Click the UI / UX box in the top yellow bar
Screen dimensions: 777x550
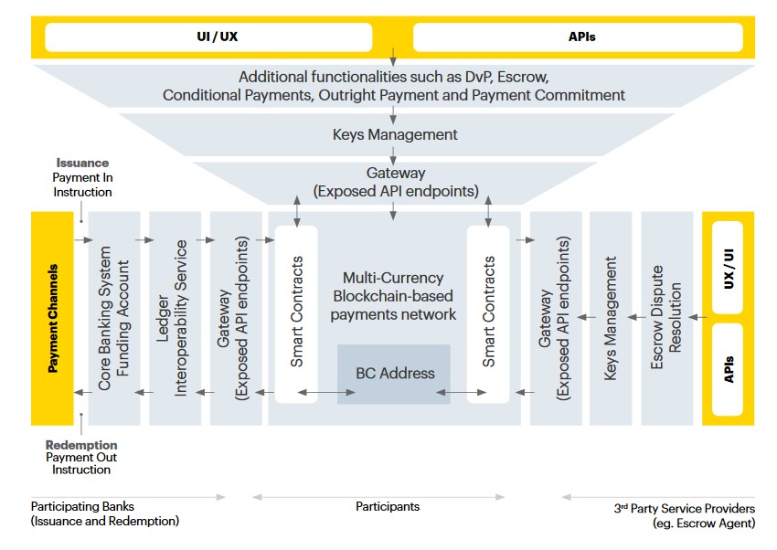[x=208, y=37]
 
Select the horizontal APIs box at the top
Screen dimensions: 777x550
[x=578, y=37]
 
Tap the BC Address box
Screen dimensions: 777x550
[x=394, y=374]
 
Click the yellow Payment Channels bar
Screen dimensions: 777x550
[x=52, y=318]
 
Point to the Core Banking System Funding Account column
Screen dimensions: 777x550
[x=114, y=318]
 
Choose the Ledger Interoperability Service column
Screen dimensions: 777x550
[x=175, y=318]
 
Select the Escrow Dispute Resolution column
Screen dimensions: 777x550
[x=667, y=318]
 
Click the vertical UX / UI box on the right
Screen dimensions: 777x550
[x=728, y=268]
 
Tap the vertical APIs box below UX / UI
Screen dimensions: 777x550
[x=728, y=369]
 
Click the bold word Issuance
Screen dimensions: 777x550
[x=82, y=163]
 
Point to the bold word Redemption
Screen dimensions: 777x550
[x=81, y=445]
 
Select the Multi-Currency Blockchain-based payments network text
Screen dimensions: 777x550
[x=393, y=296]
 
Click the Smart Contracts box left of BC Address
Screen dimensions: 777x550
[x=296, y=314]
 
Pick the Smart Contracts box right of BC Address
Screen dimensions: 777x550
[x=488, y=314]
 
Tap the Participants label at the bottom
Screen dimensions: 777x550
[x=388, y=506]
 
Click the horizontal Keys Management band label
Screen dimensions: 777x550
[x=395, y=134]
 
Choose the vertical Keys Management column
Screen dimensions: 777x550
[x=611, y=318]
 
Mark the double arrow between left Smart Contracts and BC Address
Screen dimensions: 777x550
[x=326, y=393]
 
